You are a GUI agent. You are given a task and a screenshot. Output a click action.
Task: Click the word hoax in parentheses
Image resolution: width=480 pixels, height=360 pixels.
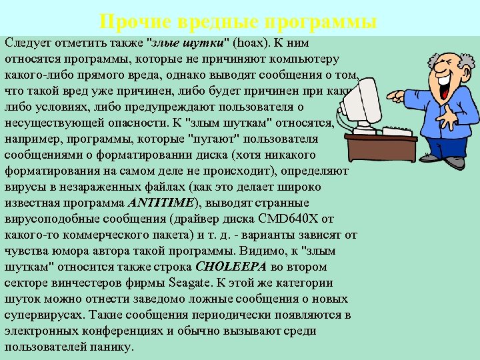pyautogui.click(x=251, y=43)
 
